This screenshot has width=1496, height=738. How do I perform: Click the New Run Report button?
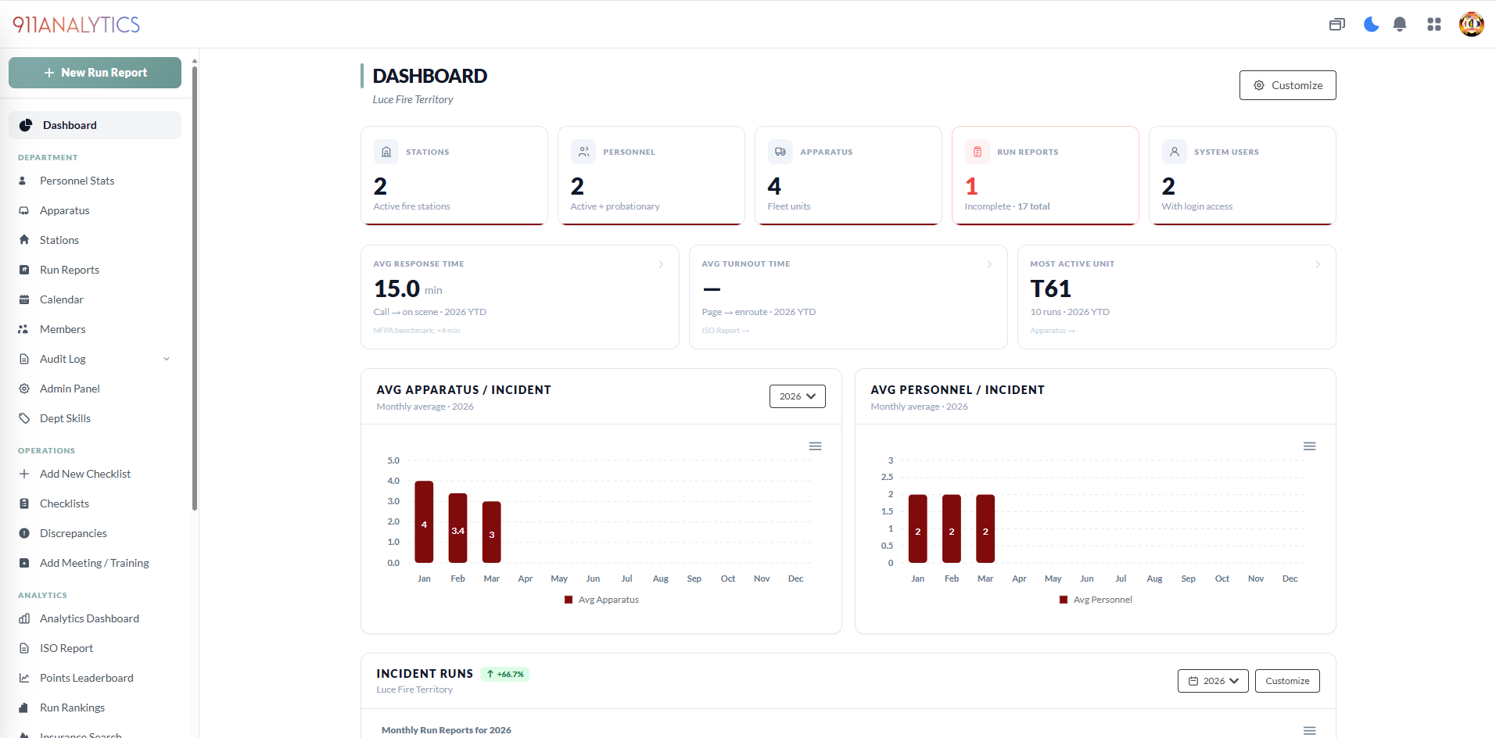(x=95, y=73)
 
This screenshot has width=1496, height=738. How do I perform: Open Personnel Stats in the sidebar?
(x=77, y=181)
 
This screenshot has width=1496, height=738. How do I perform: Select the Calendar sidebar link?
(x=61, y=299)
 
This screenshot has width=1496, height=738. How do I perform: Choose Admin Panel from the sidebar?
(x=70, y=389)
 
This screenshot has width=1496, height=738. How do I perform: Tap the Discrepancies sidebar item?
(x=73, y=533)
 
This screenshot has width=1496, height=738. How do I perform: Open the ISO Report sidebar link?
(x=66, y=648)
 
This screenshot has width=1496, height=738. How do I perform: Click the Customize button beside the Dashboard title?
(x=1287, y=85)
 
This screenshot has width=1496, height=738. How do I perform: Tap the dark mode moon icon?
(x=1371, y=24)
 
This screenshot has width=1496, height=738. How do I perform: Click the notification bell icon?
(x=1400, y=24)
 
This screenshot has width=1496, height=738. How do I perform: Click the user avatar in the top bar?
(x=1471, y=24)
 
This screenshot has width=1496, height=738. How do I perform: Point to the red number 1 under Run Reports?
(x=971, y=186)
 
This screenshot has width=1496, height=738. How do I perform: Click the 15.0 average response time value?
(x=397, y=288)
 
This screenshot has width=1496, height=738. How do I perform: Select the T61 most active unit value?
(x=1050, y=288)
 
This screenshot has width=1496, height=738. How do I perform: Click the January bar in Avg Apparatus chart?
(x=424, y=521)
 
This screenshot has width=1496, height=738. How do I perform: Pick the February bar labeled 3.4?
(x=457, y=528)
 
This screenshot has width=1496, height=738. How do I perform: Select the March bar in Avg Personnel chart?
(x=985, y=528)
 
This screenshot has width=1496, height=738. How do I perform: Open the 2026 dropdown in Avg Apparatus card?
(x=797, y=396)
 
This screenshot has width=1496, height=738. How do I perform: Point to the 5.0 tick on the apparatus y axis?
(x=393, y=460)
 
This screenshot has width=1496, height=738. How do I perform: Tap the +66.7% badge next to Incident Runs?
(x=505, y=674)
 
